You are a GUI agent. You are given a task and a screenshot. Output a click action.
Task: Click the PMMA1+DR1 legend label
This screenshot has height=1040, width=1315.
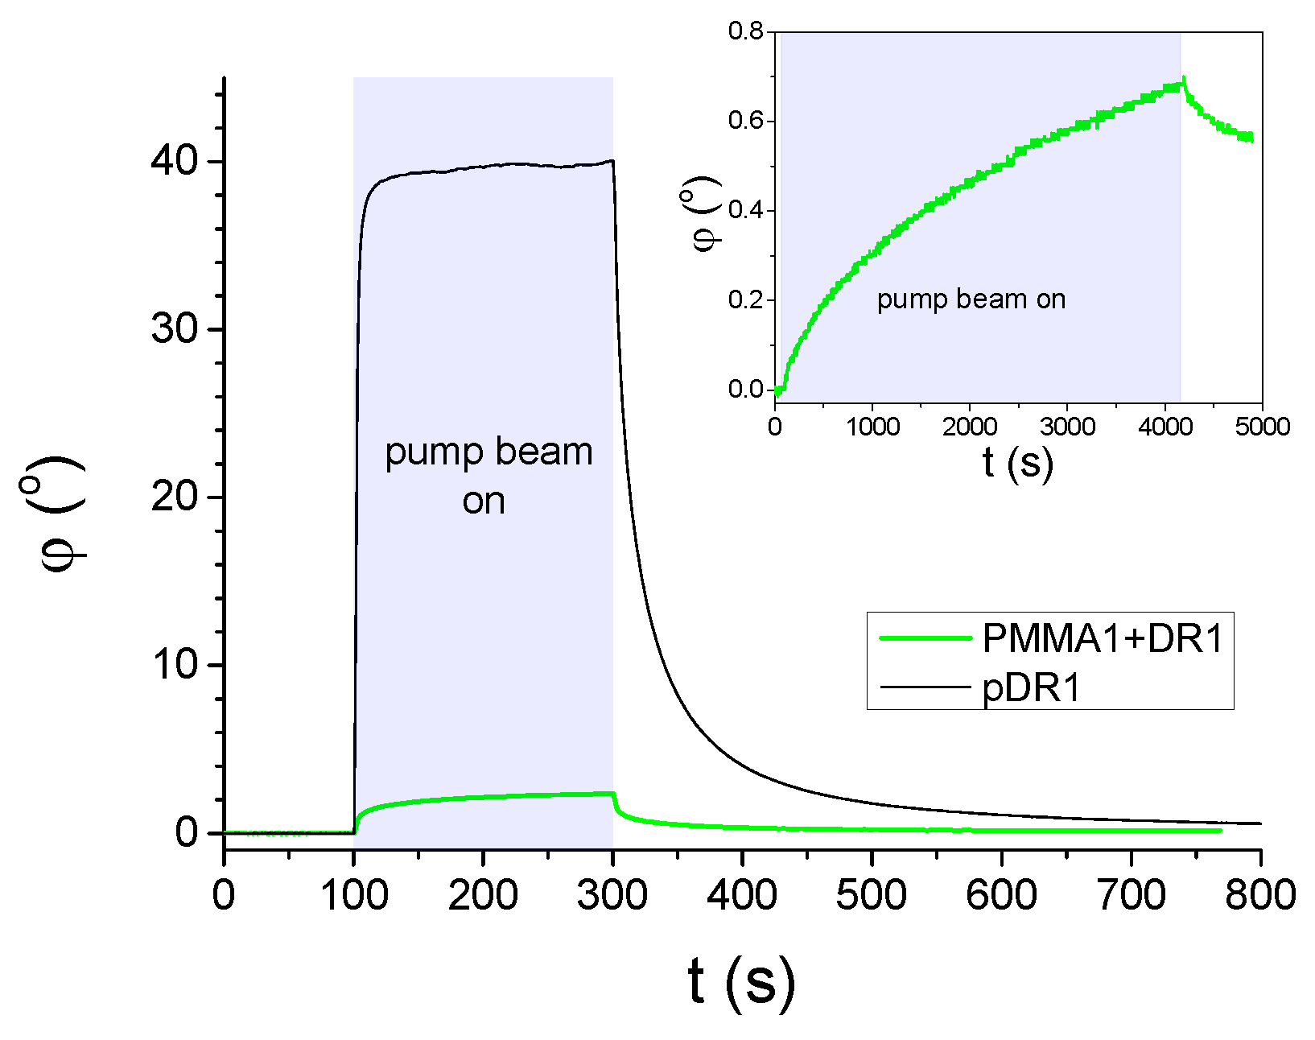coord(1103,638)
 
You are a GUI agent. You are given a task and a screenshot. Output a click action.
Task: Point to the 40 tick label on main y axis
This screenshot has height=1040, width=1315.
coord(174,162)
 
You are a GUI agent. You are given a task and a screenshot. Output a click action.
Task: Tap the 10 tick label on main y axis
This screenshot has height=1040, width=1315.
coord(174,665)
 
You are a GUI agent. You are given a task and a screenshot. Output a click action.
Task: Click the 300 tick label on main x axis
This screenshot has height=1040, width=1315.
coord(612,894)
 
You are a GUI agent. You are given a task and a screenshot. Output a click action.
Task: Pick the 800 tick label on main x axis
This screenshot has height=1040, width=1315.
coord(1260,894)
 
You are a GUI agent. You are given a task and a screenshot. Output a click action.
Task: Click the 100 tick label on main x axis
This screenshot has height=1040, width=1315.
coord(354,894)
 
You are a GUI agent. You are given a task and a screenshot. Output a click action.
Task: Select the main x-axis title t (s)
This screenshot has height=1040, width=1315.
coord(741,981)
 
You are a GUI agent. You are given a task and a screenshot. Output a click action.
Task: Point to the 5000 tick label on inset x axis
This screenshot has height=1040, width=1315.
coord(1261,427)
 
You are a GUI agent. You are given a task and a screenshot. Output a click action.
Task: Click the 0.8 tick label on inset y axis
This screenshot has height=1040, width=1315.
coord(745,32)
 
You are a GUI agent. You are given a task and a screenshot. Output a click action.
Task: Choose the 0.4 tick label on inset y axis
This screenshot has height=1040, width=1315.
coord(745,211)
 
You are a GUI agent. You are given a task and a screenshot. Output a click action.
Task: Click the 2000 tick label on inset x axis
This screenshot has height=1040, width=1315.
coord(970,427)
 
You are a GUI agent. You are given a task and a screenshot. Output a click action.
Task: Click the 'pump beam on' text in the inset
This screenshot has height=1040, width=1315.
coord(971,299)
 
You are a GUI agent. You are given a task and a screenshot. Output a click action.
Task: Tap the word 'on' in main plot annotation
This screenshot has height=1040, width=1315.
coord(483,501)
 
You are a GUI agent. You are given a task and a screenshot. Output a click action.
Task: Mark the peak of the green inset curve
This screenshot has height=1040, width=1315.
coord(1183,79)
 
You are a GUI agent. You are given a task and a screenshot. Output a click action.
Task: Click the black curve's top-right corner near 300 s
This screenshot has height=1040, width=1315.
coord(612,160)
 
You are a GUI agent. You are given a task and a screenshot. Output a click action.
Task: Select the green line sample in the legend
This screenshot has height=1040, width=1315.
coord(925,638)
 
